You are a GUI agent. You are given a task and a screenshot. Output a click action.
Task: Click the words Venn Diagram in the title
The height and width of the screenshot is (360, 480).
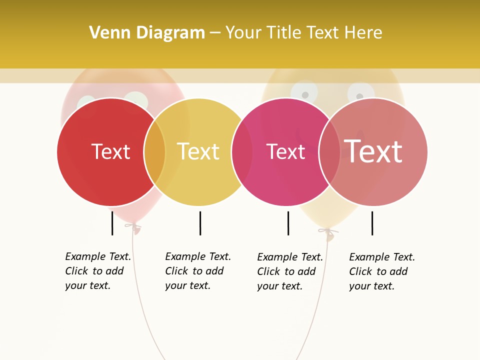(147, 33)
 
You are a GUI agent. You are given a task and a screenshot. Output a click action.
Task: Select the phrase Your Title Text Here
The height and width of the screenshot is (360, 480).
(303, 33)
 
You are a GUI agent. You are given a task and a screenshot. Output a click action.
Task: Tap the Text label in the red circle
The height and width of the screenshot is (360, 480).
(110, 151)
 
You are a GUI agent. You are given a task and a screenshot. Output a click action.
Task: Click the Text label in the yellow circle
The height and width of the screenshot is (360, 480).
(198, 151)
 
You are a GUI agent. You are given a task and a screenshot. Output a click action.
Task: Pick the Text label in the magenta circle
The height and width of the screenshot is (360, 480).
(285, 152)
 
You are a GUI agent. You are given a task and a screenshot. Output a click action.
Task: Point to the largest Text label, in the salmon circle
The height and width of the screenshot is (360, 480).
(373, 151)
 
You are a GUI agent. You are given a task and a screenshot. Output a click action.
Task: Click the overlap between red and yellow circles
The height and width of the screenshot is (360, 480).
(154, 152)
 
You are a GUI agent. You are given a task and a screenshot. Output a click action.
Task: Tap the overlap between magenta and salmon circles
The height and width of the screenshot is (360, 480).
(329, 152)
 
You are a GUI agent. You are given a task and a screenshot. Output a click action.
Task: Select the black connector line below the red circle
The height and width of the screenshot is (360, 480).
(112, 223)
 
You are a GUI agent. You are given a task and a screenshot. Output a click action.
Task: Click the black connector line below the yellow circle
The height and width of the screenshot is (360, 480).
(200, 223)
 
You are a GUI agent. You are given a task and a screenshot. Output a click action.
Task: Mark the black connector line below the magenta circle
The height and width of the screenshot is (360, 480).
(288, 223)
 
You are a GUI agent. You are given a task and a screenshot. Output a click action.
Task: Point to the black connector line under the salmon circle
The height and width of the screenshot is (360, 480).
(372, 223)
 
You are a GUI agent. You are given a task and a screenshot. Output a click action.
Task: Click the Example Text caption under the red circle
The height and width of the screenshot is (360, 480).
(98, 271)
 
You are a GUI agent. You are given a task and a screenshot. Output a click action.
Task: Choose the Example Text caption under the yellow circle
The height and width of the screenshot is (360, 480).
(198, 271)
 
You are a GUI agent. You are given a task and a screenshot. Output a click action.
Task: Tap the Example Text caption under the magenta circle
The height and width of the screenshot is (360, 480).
(290, 271)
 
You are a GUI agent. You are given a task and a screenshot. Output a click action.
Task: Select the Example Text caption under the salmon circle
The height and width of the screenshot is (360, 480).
(382, 271)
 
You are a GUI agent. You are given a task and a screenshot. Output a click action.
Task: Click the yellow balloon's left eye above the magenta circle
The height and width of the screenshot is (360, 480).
(303, 91)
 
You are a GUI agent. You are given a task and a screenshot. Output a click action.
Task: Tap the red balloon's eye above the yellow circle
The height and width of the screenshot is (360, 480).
(136, 98)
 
